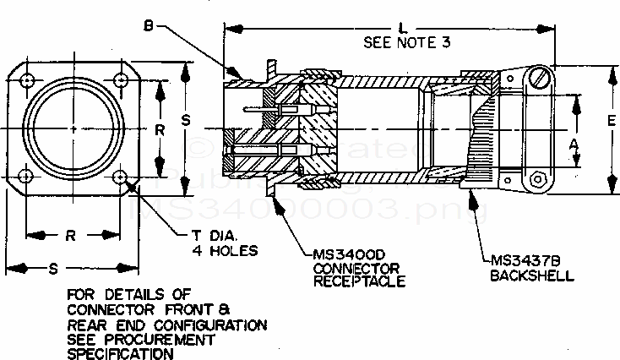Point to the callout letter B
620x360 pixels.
(x=148, y=26)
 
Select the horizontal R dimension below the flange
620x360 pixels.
(x=72, y=236)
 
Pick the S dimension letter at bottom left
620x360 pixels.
(x=54, y=269)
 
